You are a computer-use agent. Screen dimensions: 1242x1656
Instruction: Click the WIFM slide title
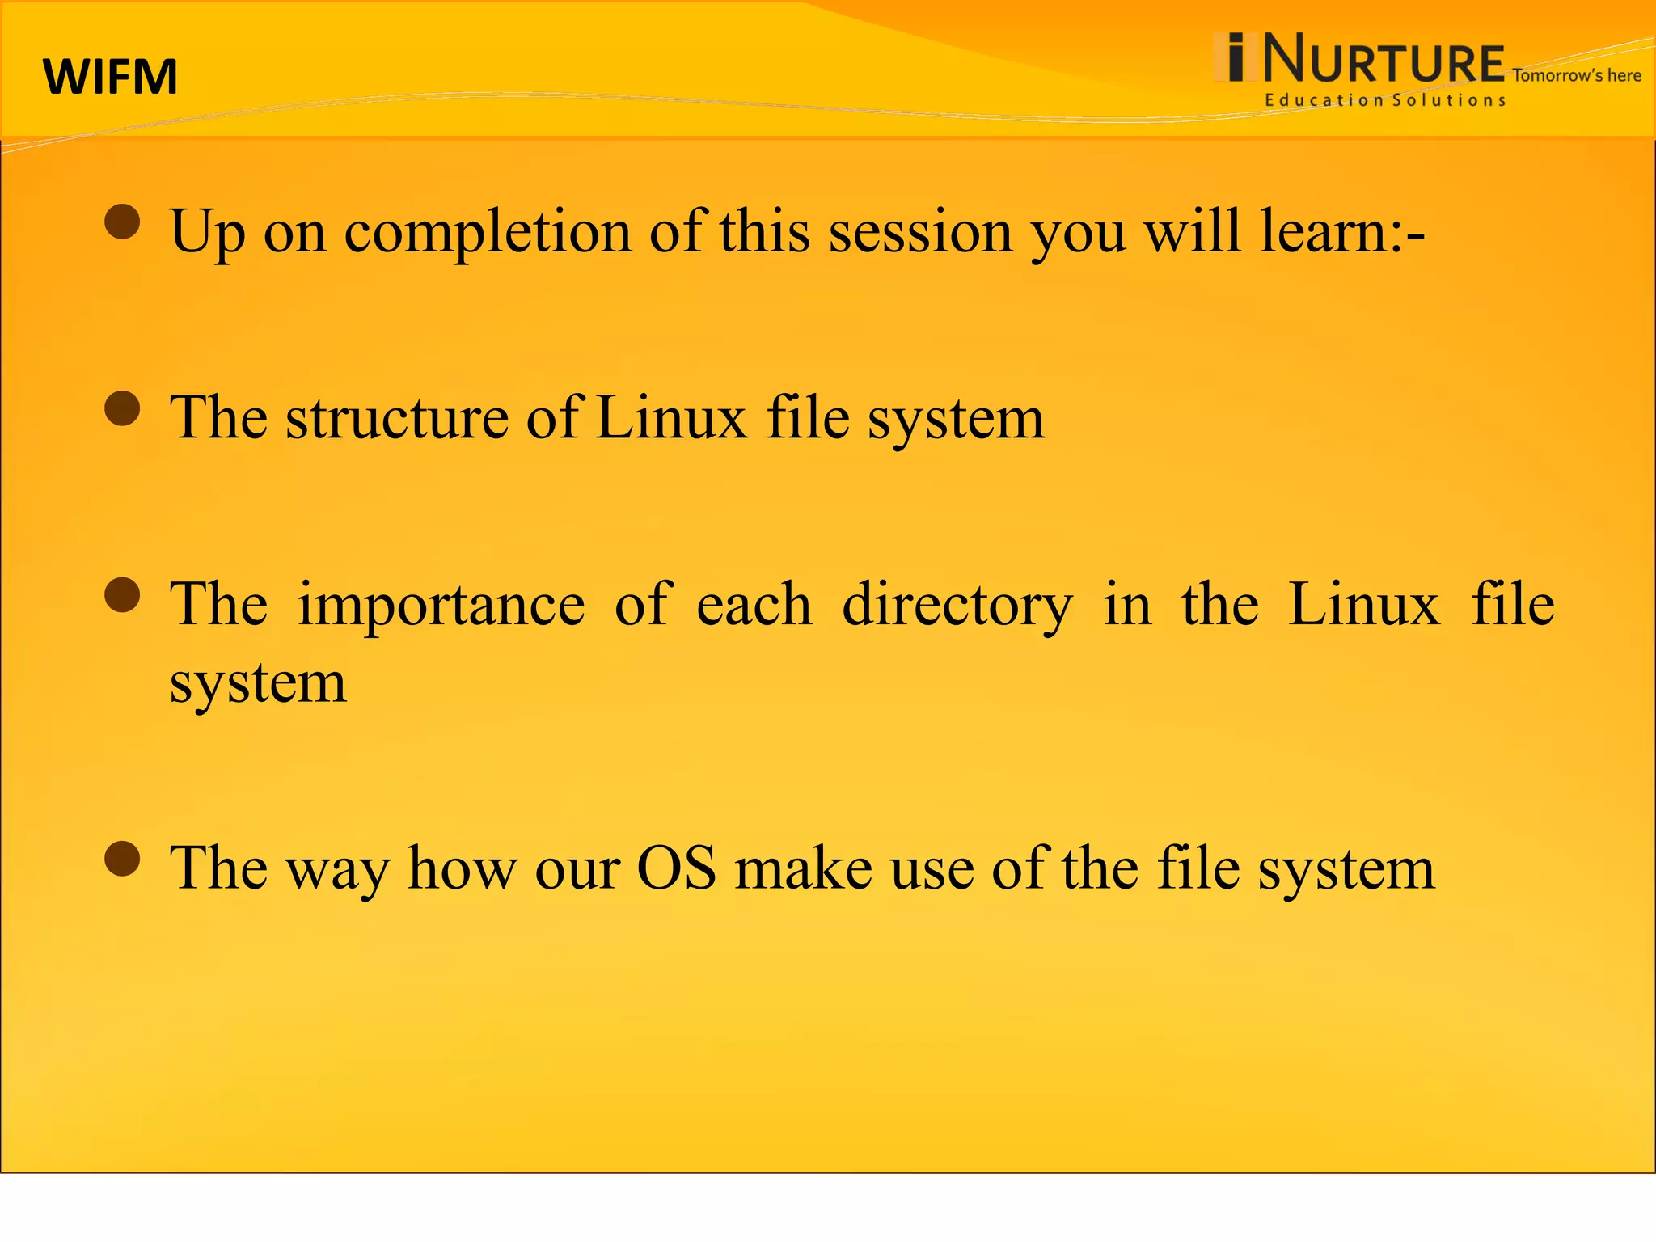(110, 78)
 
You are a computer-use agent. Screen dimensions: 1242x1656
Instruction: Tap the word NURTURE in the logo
(1383, 60)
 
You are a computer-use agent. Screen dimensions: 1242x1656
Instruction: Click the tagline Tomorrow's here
(1576, 76)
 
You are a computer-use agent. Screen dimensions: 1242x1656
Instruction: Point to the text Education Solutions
(1385, 100)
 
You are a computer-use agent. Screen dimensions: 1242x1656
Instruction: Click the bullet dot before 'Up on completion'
(123, 222)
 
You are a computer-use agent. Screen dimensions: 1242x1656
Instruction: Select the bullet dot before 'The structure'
(123, 408)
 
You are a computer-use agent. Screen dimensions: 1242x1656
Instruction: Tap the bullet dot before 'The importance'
(123, 596)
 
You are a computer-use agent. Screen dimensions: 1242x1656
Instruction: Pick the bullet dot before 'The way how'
(123, 859)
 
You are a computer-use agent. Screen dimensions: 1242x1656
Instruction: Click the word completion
(488, 233)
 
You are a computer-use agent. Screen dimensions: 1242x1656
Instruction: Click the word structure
(397, 419)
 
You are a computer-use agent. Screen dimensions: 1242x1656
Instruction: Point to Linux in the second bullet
(672, 419)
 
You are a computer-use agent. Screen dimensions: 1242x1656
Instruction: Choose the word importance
(441, 606)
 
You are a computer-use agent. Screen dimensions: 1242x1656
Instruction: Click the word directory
(957, 606)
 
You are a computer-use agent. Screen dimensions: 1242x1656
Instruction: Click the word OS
(677, 868)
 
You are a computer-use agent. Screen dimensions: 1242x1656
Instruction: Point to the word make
(804, 868)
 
